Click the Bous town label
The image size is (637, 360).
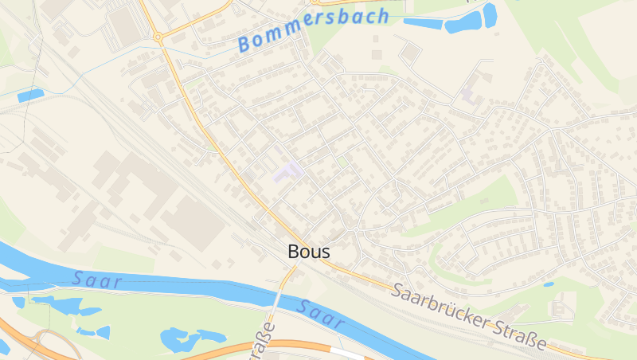[308, 252]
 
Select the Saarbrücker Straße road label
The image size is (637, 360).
[469, 315]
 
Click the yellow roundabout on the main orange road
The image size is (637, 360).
[158, 36]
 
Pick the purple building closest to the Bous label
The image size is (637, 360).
[287, 170]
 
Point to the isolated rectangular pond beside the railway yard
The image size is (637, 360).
[30, 96]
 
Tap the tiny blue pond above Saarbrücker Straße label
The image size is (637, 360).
[548, 284]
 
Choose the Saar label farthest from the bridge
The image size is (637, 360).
[96, 280]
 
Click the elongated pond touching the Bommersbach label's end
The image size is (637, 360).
[422, 23]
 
